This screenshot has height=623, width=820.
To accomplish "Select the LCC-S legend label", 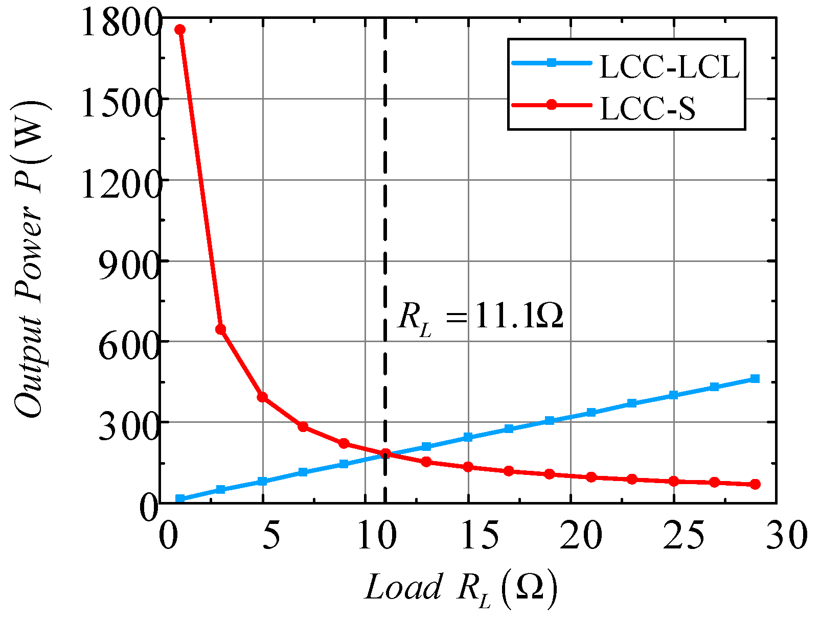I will pyautogui.click(x=647, y=109).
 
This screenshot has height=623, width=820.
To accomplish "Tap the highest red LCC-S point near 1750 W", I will pyautogui.click(x=180, y=30).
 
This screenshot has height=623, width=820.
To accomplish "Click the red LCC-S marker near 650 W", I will pyautogui.click(x=221, y=329).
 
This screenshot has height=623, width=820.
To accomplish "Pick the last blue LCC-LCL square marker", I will pyautogui.click(x=755, y=378).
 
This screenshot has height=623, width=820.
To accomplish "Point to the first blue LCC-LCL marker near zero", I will pyautogui.click(x=180, y=498).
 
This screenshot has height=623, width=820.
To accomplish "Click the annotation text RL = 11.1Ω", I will pyautogui.click(x=481, y=318).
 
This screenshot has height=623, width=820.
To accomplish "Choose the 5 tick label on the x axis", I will pyautogui.click(x=271, y=536).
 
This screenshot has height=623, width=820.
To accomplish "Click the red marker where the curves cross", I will pyautogui.click(x=385, y=453).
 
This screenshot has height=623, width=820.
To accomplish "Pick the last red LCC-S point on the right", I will pyautogui.click(x=755, y=484).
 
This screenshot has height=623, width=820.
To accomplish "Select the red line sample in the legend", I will pyautogui.click(x=551, y=105).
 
